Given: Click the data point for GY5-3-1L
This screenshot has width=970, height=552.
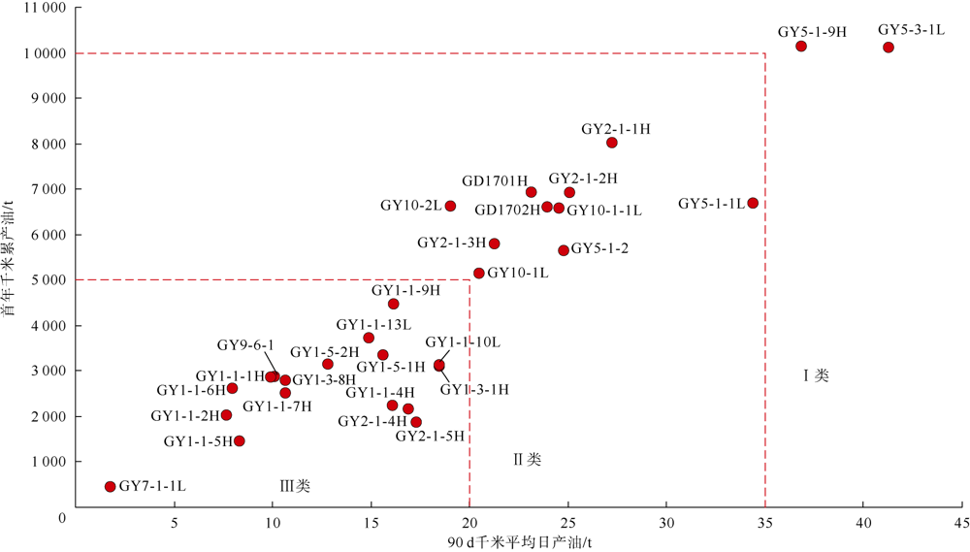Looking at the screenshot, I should click(x=889, y=48).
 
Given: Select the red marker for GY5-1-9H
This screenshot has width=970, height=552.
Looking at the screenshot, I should click(x=801, y=47).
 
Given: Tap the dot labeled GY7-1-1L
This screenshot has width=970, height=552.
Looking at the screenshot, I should click(x=111, y=487).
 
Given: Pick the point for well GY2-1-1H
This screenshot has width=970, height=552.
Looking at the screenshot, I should click(x=612, y=143).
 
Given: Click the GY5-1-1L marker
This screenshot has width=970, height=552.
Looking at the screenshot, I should click(x=753, y=203).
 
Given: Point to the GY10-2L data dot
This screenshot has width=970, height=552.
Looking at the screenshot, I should click(x=450, y=206).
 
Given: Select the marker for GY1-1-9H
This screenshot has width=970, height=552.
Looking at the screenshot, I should click(x=393, y=304).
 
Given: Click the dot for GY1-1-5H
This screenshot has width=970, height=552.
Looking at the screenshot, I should click(x=240, y=441).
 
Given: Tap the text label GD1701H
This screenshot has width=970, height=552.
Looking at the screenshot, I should click(x=495, y=181).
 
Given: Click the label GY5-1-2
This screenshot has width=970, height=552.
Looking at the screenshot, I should click(x=599, y=249).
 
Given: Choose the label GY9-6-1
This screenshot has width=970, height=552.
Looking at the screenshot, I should click(x=245, y=345).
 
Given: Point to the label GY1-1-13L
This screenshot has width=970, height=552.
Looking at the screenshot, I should click(x=373, y=325).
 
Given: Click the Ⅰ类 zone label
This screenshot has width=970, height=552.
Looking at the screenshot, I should click(x=816, y=375).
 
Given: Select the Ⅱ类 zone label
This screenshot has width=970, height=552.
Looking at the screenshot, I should click(x=527, y=459).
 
